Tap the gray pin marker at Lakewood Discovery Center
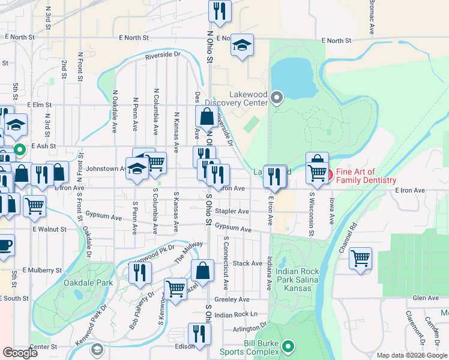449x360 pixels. tap(277, 97)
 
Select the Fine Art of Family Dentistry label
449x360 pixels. tap(366, 176)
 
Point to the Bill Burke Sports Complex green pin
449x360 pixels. tap(289, 346)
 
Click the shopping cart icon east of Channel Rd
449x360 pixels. tap(360, 258)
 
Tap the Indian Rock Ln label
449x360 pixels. tap(235, 314)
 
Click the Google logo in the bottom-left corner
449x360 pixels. tap(20, 353)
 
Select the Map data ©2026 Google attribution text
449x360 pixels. tap(411, 355)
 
